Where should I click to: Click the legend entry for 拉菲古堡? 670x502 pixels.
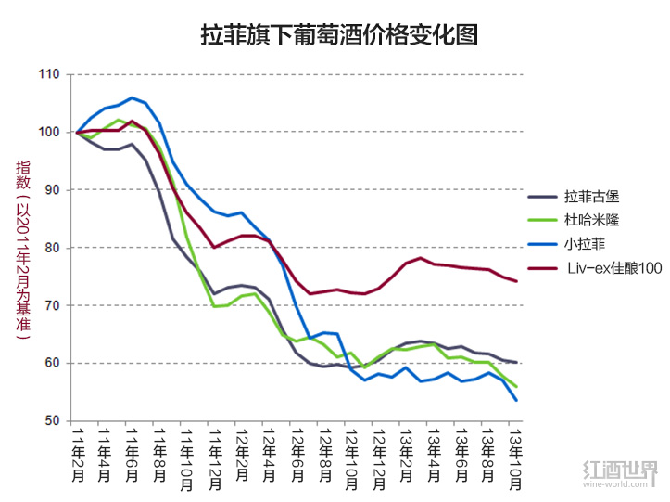tap(590, 197)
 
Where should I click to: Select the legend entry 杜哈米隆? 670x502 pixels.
tap(590, 221)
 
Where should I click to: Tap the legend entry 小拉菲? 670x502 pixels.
tap(584, 245)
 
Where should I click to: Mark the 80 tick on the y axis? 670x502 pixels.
tap(51, 248)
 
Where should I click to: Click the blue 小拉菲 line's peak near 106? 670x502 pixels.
tap(133, 97)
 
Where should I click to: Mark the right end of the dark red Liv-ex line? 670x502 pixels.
tap(516, 281)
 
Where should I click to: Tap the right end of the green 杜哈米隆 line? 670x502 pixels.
tap(516, 387)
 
